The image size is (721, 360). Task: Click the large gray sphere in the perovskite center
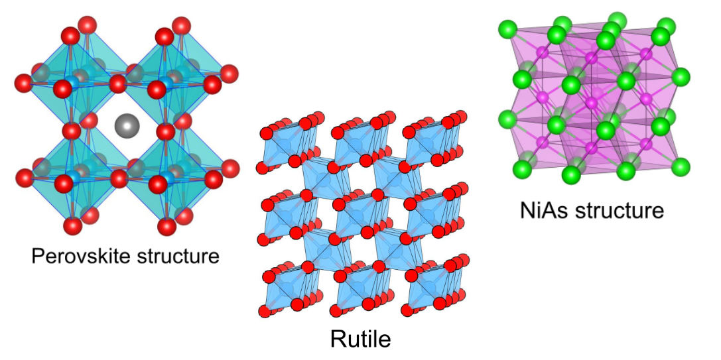click(124, 124)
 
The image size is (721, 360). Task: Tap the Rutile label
click(360, 339)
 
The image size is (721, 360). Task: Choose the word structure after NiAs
click(622, 211)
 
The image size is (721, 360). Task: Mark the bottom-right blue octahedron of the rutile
click(431, 288)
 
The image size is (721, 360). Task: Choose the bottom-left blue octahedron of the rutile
click(287, 288)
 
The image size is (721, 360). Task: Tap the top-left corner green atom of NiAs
click(509, 29)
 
